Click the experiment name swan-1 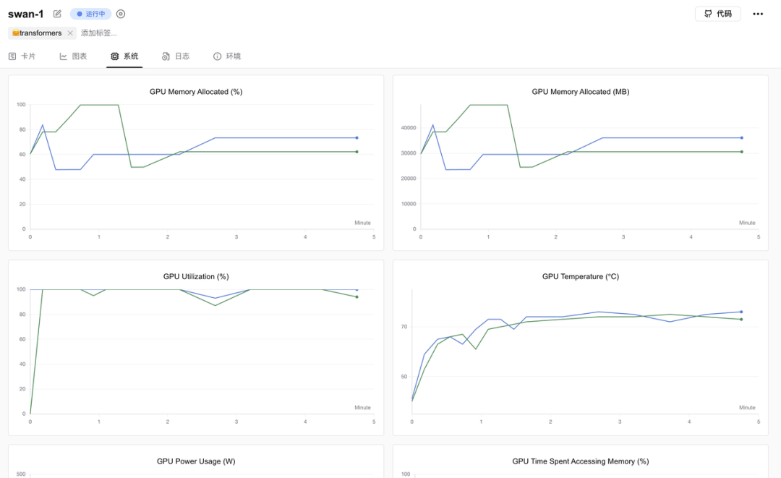26,14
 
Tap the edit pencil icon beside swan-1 57,14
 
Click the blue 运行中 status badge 90,14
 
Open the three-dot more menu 758,14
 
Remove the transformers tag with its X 70,33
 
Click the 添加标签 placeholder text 99,33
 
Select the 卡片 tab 22,56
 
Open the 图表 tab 73,56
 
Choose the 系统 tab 124,56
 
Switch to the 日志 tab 176,56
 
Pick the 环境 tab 227,56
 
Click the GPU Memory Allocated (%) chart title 196,92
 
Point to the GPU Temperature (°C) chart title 580,276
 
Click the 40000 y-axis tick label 409,128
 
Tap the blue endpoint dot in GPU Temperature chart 741,312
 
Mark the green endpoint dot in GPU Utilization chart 357,296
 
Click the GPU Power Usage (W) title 196,461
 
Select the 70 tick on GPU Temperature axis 404,327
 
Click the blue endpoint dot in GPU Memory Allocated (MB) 742,138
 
